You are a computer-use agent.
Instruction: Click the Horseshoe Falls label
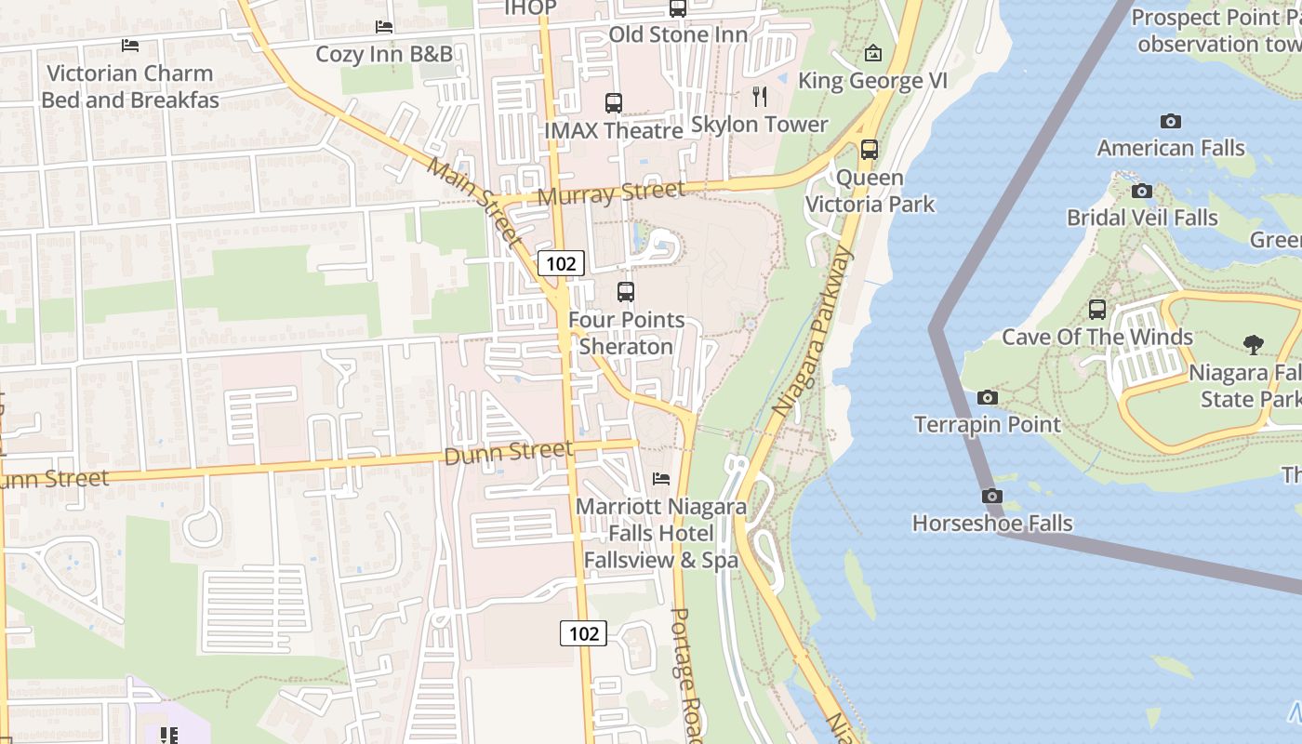pyautogui.click(x=992, y=523)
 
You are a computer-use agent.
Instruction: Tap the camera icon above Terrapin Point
pyautogui.click(x=988, y=398)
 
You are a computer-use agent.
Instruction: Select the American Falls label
pyautogui.click(x=1170, y=148)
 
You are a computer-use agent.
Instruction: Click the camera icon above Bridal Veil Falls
pyautogui.click(x=1141, y=192)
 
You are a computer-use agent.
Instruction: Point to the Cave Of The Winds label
pyautogui.click(x=1096, y=337)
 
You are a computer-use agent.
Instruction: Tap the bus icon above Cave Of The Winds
pyautogui.click(x=1097, y=310)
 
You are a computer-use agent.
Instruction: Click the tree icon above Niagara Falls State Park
pyautogui.click(x=1254, y=345)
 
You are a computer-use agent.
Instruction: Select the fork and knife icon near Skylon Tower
pyautogui.click(x=760, y=96)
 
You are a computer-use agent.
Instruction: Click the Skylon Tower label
pyautogui.click(x=759, y=124)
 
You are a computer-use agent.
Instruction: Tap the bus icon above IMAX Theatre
pyautogui.click(x=613, y=103)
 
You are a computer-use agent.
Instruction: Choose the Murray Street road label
pyautogui.click(x=611, y=193)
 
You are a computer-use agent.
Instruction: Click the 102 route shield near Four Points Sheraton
pyautogui.click(x=561, y=263)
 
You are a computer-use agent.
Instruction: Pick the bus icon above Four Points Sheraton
pyautogui.click(x=626, y=292)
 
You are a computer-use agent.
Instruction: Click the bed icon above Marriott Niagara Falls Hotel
pyautogui.click(x=660, y=479)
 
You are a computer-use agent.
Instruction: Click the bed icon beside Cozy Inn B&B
pyautogui.click(x=383, y=27)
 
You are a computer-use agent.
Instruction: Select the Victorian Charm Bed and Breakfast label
pyautogui.click(x=129, y=86)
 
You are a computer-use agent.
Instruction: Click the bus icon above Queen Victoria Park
pyautogui.click(x=869, y=149)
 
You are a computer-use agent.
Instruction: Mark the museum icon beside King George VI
pyautogui.click(x=872, y=53)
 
